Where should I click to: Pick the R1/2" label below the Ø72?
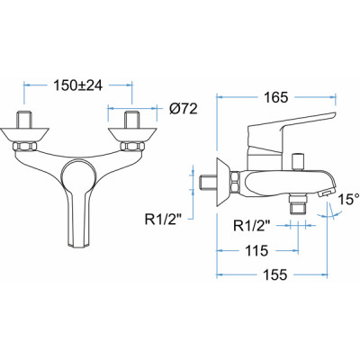click(170, 215)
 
